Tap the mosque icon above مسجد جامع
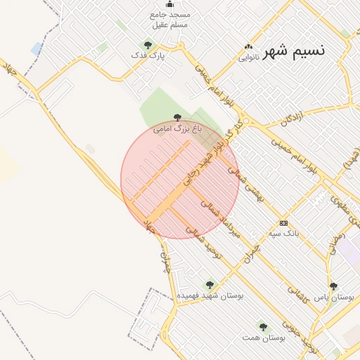[x=169, y=5]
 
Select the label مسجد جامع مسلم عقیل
[x=170, y=19]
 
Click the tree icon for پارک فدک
[x=147, y=45]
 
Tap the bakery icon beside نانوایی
[x=247, y=46]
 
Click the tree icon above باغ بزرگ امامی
[x=176, y=118]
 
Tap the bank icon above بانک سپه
[x=283, y=221]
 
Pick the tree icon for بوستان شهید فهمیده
[x=209, y=285]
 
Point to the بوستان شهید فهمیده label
[x=210, y=296]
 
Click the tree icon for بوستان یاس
[x=333, y=286]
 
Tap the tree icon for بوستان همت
[x=263, y=327]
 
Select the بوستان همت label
[x=264, y=338]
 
